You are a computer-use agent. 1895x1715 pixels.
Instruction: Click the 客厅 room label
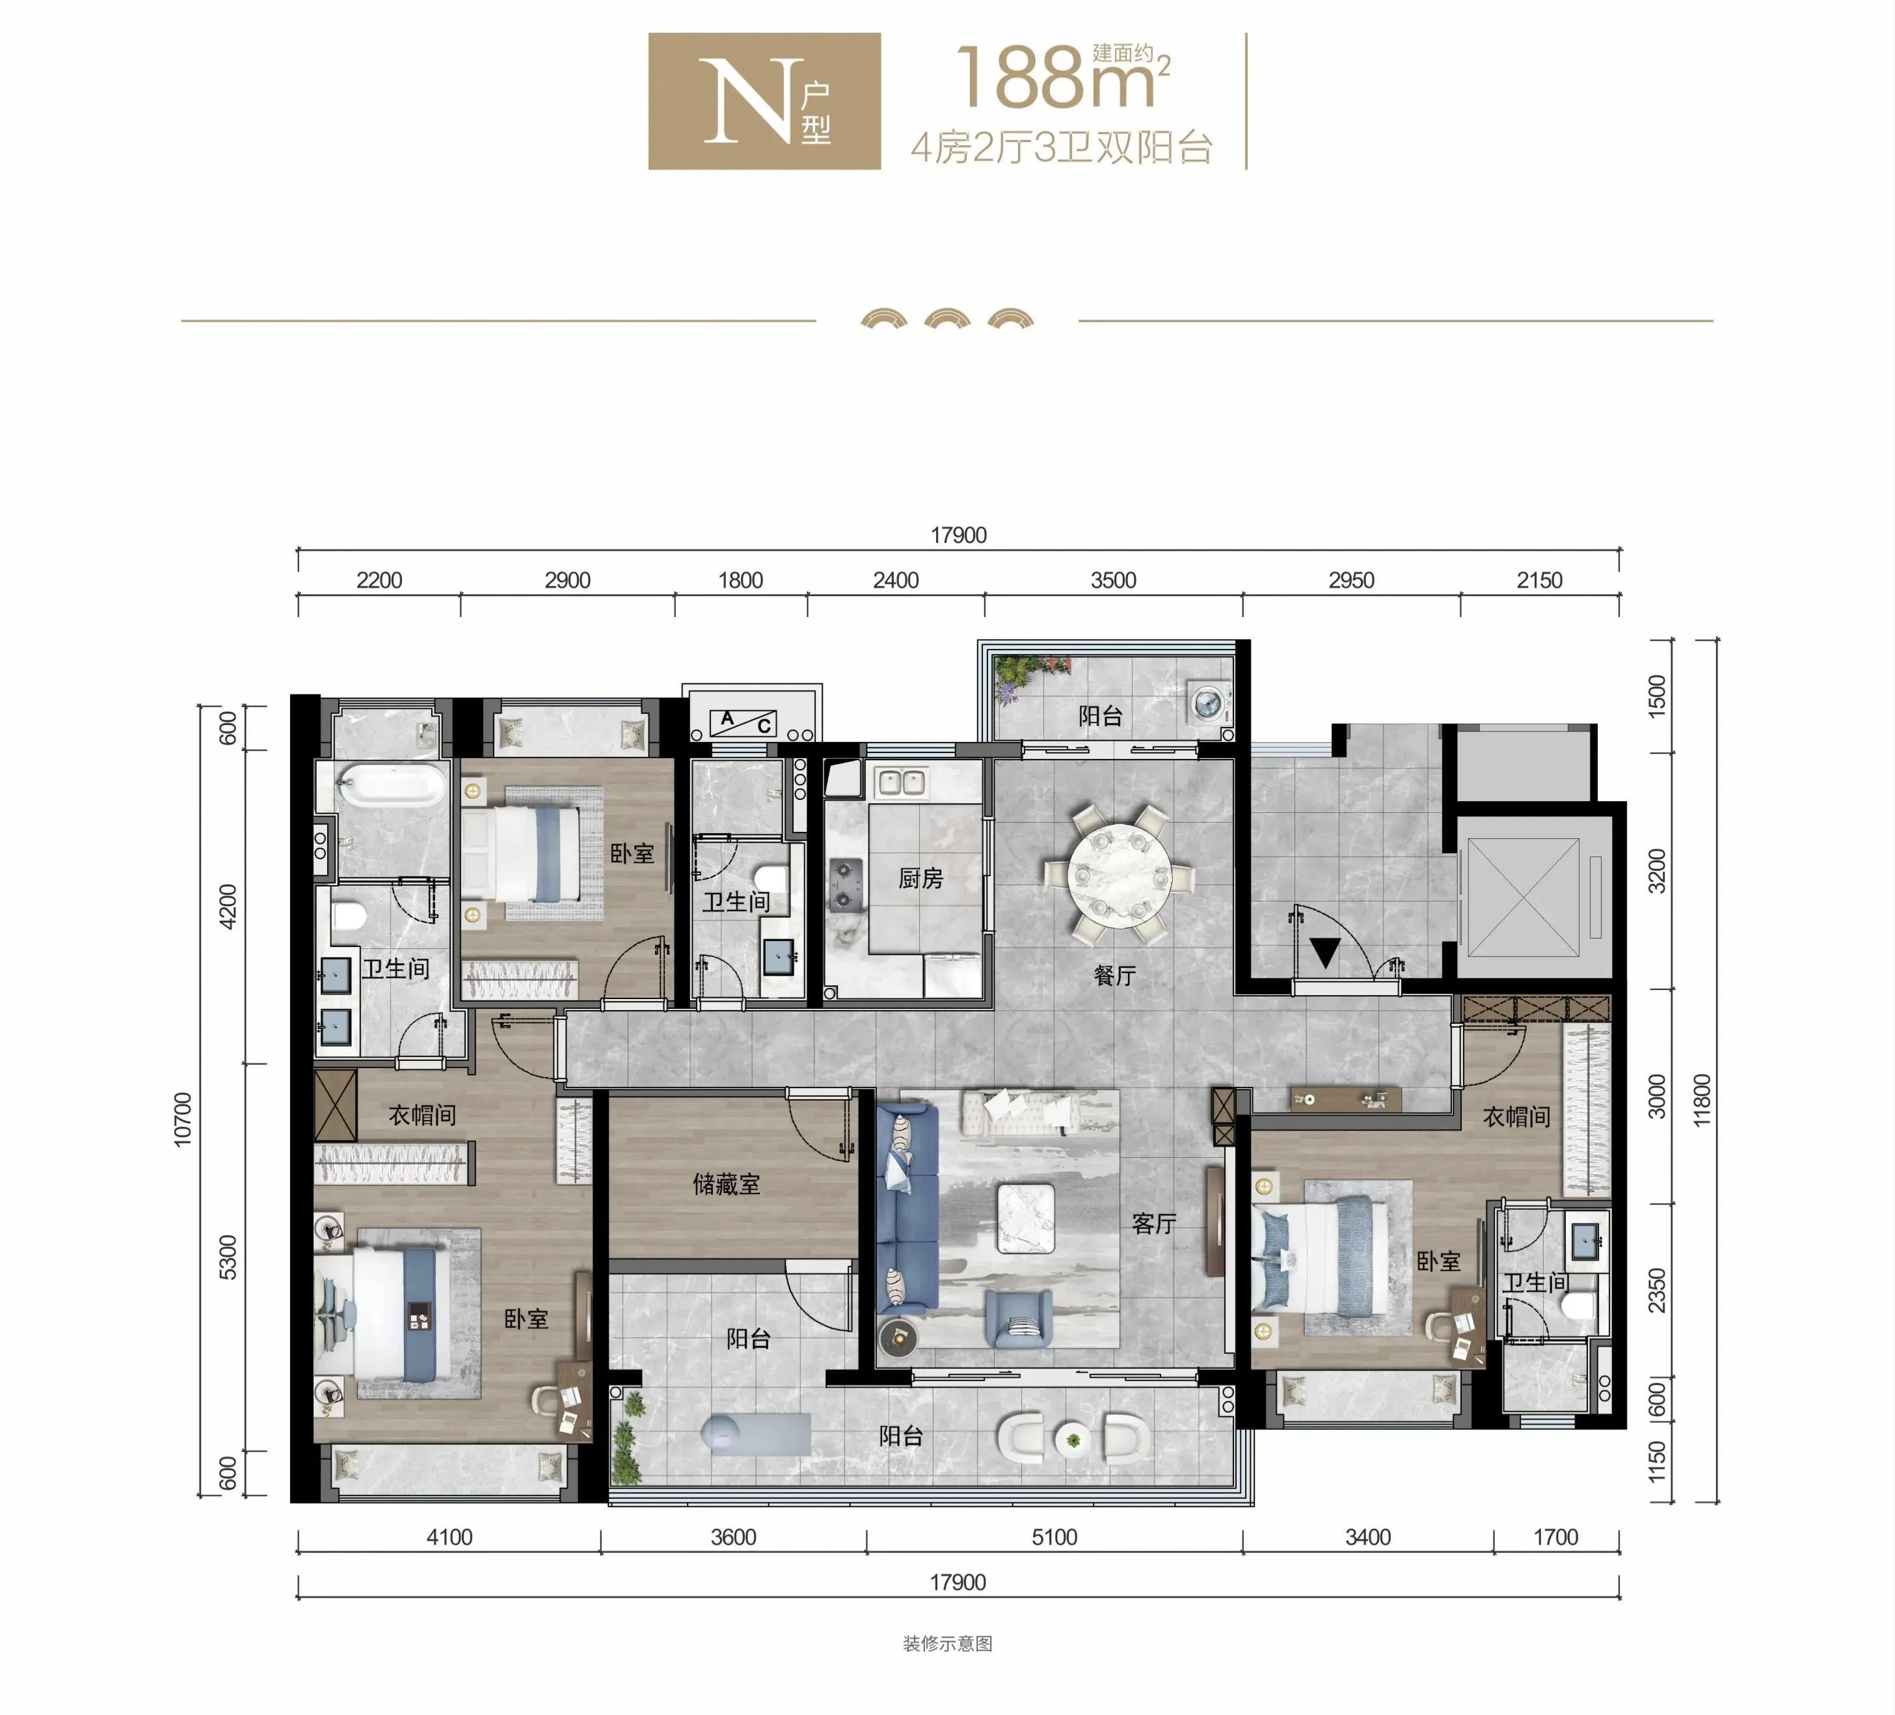[x=1154, y=1222]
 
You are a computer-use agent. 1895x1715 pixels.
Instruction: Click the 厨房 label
[x=921, y=877]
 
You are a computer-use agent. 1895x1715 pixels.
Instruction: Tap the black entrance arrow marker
[x=1325, y=952]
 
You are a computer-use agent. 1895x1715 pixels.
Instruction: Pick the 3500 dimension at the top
[x=1113, y=580]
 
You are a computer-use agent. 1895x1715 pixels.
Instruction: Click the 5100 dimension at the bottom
[x=1054, y=1537]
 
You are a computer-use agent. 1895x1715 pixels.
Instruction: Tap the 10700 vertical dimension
[x=182, y=1119]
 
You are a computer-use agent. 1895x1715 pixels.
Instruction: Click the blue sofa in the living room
[x=907, y=1208]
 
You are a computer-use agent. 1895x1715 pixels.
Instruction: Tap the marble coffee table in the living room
[x=1025, y=1218]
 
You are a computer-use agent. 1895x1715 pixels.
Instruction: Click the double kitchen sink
[x=900, y=781]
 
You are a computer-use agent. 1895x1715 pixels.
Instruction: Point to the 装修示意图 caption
[x=947, y=1643]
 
